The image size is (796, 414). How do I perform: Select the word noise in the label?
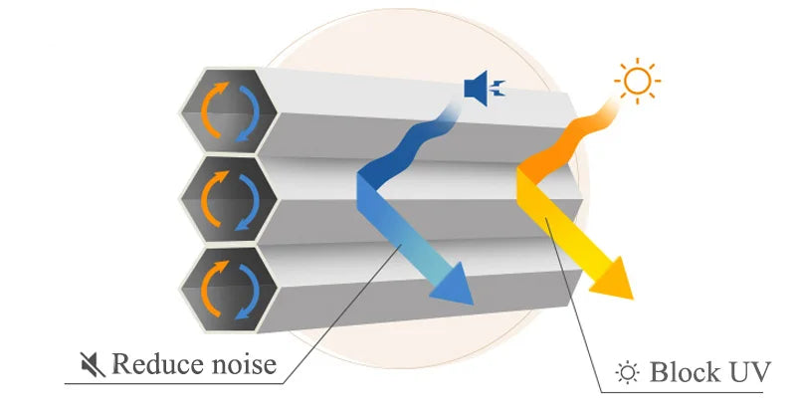point(244,364)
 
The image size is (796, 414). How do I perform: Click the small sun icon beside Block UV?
point(627,374)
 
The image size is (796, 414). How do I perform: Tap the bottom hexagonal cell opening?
point(228,282)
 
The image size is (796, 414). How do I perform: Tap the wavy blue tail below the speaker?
point(408,148)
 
